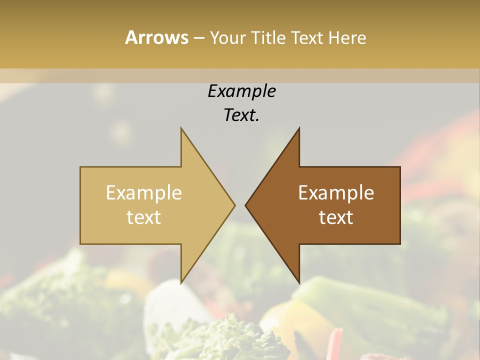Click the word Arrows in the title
(x=156, y=37)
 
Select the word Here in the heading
(x=347, y=38)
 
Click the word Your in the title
(x=228, y=38)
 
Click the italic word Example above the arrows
(x=241, y=91)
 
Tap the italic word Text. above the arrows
(x=241, y=115)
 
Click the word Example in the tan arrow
(x=143, y=193)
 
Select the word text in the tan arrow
(x=143, y=217)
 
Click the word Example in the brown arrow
(x=336, y=193)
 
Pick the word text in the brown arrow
(x=336, y=217)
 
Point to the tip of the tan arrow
(x=235, y=205)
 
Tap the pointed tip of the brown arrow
(x=245, y=205)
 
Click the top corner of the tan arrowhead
(x=181, y=128)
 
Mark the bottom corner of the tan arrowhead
(x=181, y=283)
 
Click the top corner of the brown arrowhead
(x=299, y=128)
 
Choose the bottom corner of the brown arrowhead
(x=299, y=283)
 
